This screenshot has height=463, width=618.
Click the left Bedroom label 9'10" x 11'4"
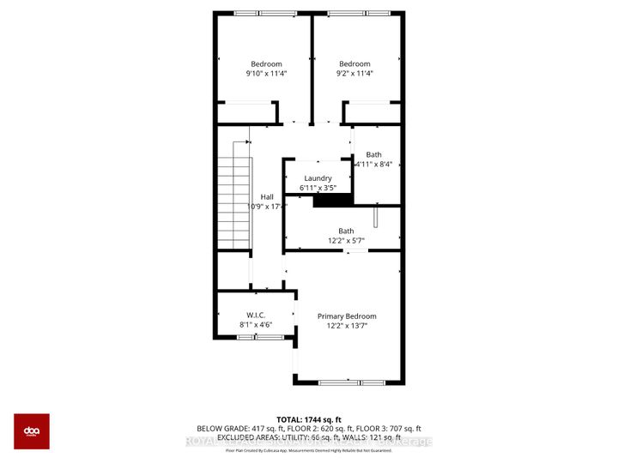[265, 69]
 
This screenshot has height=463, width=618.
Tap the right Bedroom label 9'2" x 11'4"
[354, 69]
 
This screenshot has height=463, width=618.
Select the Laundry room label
[317, 183]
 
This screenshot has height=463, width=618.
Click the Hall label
[267, 201]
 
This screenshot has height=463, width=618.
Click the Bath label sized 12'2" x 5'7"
[346, 236]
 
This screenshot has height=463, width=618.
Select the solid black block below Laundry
[334, 201]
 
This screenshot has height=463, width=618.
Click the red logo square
[31, 431]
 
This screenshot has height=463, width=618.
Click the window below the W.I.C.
[258, 338]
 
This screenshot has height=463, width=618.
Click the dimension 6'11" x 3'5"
[318, 188]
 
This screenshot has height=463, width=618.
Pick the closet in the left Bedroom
[246, 112]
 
